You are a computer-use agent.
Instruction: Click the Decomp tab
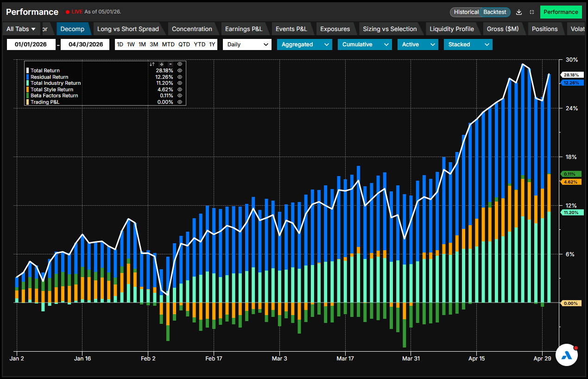[72, 29]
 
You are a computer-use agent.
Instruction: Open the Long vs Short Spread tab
[128, 29]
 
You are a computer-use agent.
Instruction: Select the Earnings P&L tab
[244, 29]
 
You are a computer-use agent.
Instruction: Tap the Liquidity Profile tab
[452, 29]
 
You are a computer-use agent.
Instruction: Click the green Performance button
[561, 12]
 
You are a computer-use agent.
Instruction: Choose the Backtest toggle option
[495, 12]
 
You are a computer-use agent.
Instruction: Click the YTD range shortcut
[200, 44]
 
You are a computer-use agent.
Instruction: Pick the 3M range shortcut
[154, 44]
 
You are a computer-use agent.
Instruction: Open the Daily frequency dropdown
[247, 44]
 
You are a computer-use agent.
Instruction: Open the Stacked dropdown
[468, 44]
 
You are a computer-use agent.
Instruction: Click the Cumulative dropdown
[365, 44]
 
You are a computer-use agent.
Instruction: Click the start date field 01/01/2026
[31, 44]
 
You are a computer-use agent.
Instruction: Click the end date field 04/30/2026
[85, 44]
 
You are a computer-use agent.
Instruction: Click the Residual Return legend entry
[50, 77]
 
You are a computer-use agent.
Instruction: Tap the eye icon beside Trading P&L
[180, 102]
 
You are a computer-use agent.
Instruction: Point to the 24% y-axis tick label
[571, 108]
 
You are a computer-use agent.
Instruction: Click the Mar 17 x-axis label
[345, 359]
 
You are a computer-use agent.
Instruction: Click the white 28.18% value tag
[571, 75]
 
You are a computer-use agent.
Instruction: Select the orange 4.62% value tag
[571, 182]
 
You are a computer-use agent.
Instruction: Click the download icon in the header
[519, 12]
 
